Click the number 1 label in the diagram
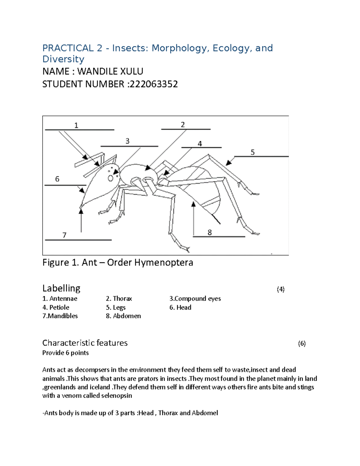[76, 125]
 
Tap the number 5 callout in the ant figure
[253, 152]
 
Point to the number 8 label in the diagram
[209, 233]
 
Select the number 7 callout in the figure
[64, 235]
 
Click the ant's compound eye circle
[110, 178]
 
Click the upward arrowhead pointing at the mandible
[81, 212]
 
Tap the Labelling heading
[61, 288]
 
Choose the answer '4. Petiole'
[56, 307]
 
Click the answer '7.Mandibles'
[60, 316]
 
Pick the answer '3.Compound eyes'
[195, 299]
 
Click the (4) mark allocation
[280, 289]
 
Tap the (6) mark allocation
[302, 344]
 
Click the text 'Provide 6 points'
[65, 353]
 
